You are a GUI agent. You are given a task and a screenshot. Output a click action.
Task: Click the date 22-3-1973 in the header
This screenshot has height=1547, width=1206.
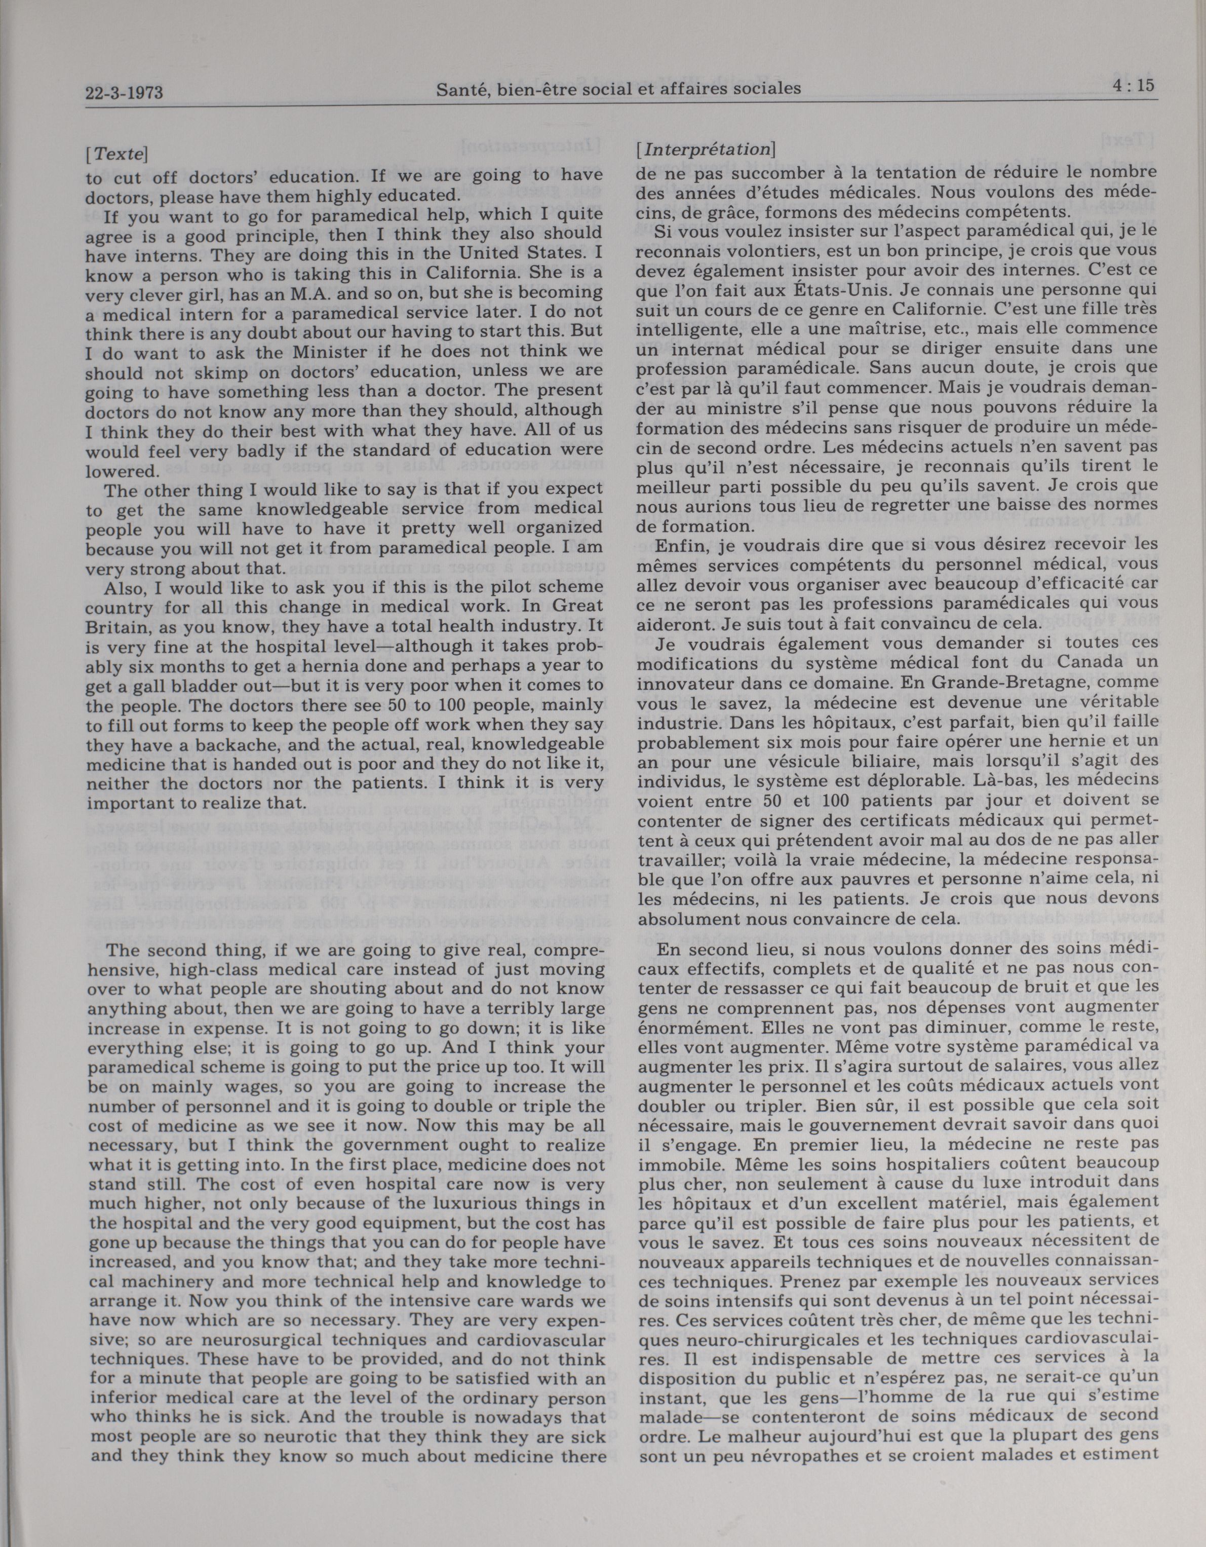click(125, 93)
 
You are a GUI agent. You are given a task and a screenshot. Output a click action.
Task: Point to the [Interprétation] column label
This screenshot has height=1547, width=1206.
click(706, 150)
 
